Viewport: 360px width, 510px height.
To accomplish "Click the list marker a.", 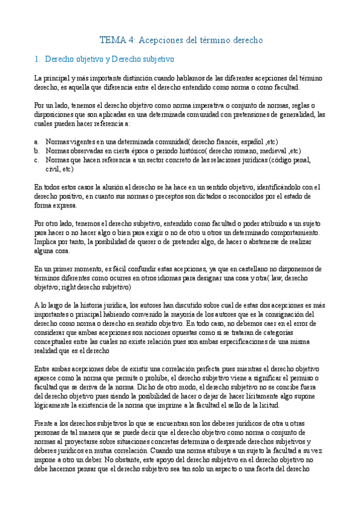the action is coord(37,141).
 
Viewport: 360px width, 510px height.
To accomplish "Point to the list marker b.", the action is coord(37,150).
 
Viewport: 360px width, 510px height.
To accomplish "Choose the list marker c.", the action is coord(37,160).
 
